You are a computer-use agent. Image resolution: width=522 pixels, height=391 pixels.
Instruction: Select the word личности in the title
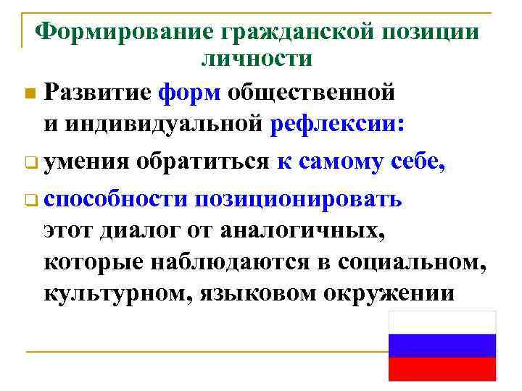(257, 58)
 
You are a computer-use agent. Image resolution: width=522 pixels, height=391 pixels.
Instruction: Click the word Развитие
(97, 92)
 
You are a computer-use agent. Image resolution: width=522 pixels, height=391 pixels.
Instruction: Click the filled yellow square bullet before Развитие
(28, 94)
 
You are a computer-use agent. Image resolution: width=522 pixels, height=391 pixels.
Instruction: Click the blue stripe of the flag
(442, 345)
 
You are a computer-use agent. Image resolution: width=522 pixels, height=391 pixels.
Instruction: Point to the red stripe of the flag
(442, 369)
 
